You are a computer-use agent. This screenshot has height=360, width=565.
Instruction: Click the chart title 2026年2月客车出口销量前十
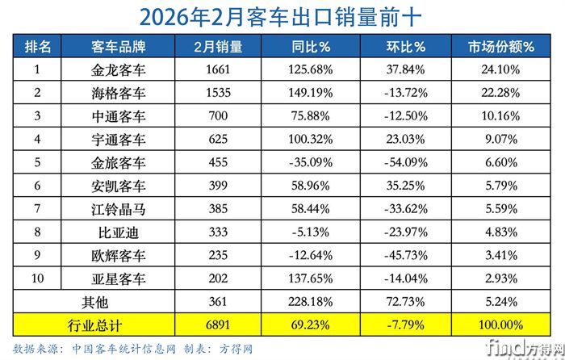click(x=282, y=16)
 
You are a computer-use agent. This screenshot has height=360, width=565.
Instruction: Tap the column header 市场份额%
click(x=501, y=47)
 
